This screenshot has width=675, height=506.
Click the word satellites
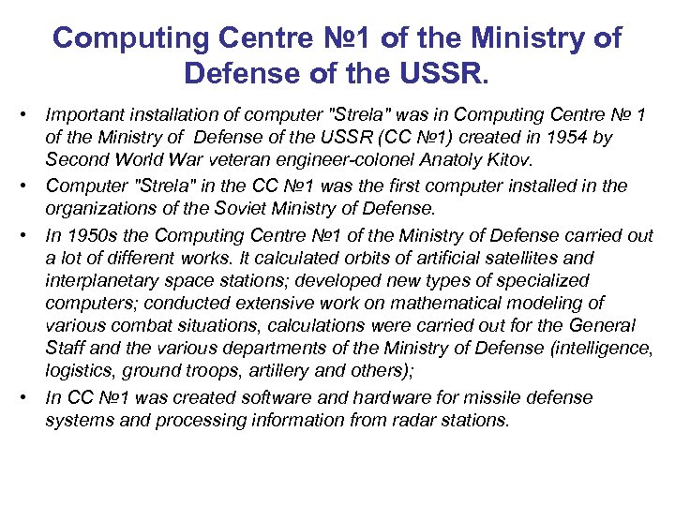[550, 258]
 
